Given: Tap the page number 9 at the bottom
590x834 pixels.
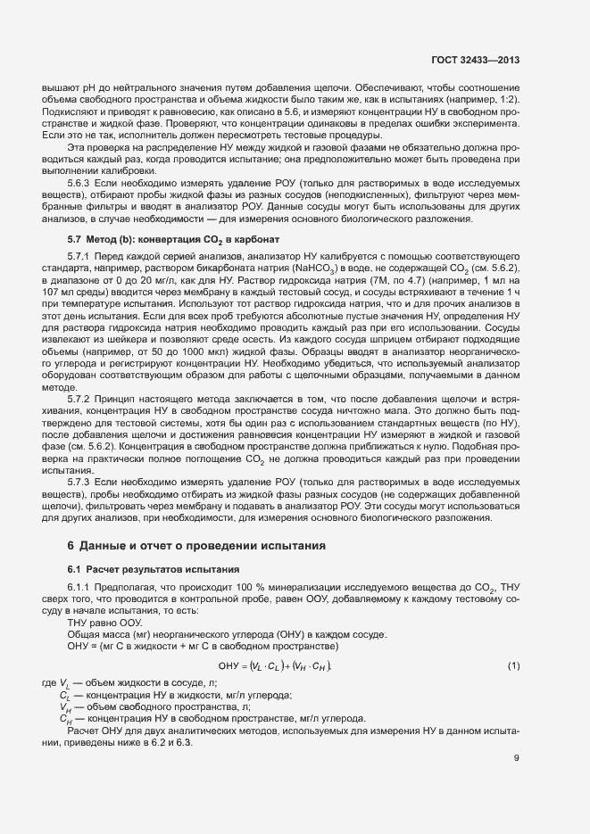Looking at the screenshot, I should (x=516, y=759).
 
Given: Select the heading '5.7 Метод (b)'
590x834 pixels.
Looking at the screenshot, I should (x=174, y=239).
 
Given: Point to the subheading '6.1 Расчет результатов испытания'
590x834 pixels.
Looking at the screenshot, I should (x=154, y=568).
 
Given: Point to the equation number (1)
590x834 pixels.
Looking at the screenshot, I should (x=512, y=666).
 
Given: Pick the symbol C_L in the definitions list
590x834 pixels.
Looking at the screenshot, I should (x=64, y=694).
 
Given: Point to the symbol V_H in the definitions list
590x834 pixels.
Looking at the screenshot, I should (x=64, y=706).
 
